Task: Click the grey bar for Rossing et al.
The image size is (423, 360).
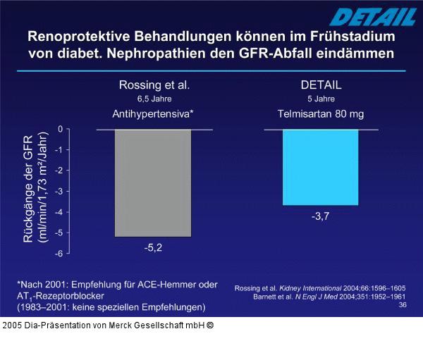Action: [153, 183]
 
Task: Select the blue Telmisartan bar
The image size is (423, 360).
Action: [321, 168]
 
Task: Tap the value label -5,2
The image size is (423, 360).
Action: [153, 247]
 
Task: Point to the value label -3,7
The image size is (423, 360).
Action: [321, 216]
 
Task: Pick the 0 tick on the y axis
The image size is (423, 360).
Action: [61, 129]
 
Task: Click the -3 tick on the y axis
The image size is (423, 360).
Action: [59, 191]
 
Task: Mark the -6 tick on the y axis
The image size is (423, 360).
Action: [59, 253]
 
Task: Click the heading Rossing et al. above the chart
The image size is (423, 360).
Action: [153, 85]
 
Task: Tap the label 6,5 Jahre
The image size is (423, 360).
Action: [153, 99]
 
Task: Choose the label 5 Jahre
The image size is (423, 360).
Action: [321, 99]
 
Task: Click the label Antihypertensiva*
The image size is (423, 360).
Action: [153, 113]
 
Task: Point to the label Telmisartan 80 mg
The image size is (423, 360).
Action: [321, 113]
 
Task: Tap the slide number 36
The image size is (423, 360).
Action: [403, 305]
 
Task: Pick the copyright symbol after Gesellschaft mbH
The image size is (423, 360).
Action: [210, 325]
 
